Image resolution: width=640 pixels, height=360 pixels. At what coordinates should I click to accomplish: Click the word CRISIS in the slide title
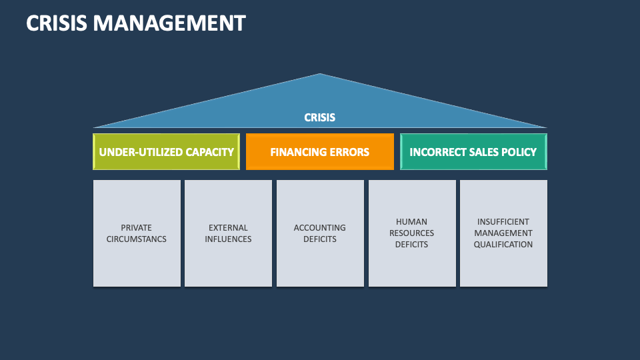click(x=57, y=23)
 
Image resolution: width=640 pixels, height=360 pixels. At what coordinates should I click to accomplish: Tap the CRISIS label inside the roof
click(x=320, y=117)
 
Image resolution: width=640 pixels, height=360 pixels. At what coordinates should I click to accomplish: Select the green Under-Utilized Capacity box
click(x=166, y=152)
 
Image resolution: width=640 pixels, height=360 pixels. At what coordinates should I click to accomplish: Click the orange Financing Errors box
click(x=320, y=152)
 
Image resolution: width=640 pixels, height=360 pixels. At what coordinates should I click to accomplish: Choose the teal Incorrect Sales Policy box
click(x=473, y=152)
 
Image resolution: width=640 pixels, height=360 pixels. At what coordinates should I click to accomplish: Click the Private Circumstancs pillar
click(x=137, y=233)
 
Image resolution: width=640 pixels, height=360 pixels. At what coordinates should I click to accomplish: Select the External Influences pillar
click(x=229, y=233)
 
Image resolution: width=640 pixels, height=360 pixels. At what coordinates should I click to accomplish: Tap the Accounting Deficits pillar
click(x=320, y=233)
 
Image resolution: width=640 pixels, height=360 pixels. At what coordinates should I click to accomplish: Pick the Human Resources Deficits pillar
click(x=412, y=233)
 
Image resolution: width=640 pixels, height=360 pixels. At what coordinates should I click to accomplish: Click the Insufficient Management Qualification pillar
click(x=503, y=233)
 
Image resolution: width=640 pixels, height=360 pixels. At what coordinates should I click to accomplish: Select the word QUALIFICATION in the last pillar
click(x=503, y=245)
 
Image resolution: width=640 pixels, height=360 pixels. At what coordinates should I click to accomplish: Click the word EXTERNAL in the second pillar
click(x=229, y=228)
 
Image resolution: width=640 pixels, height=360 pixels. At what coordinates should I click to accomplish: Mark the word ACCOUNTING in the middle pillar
click(x=320, y=228)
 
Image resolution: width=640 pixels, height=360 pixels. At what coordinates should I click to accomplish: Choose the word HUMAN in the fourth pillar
click(x=412, y=222)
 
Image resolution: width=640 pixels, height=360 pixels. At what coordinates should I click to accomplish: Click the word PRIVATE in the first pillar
click(x=137, y=228)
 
